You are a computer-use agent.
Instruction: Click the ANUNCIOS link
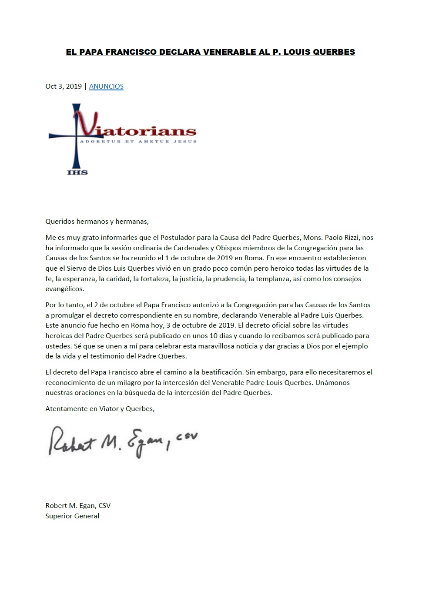[x=106, y=86]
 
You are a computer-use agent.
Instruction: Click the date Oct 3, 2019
[x=64, y=86]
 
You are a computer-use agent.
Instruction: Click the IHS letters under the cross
[x=77, y=172]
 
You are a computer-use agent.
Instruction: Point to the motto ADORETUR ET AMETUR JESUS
[x=138, y=142]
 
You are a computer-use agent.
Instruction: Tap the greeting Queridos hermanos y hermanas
[x=97, y=221]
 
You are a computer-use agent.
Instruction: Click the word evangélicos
[x=65, y=289]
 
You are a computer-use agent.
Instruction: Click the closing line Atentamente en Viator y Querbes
[x=100, y=408]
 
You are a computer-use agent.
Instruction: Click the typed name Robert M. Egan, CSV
[x=78, y=505]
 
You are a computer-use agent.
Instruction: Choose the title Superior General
[x=72, y=516]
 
